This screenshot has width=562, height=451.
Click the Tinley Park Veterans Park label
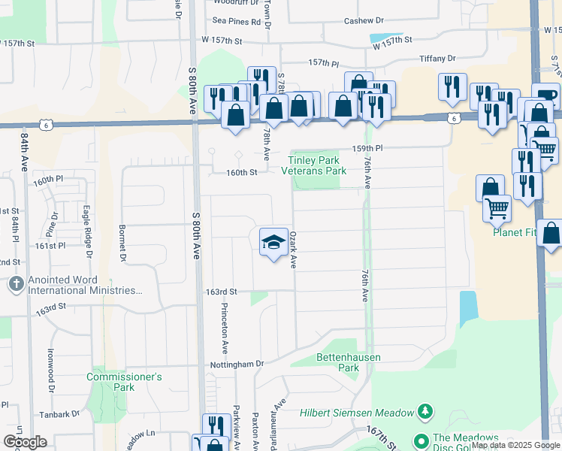click(314, 165)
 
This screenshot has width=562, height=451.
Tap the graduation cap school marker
click(274, 242)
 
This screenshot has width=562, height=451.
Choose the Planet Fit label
click(515, 232)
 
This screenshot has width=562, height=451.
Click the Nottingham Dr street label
click(240, 364)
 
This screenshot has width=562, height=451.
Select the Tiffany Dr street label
click(441, 58)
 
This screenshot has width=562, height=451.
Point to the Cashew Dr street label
click(364, 21)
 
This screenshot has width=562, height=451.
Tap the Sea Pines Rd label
click(236, 22)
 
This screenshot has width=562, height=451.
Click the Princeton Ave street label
click(225, 328)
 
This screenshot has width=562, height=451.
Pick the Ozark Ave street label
click(294, 250)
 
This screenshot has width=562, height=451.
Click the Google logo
click(25, 442)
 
